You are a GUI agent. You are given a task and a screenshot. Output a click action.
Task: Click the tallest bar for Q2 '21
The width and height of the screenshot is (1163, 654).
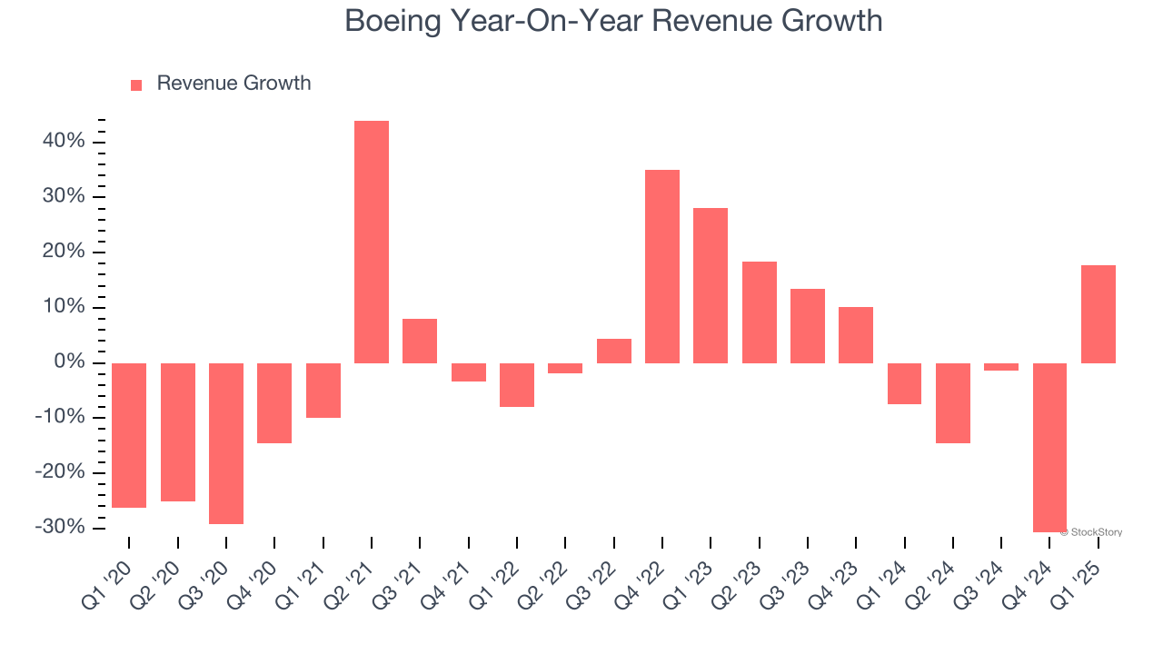[x=372, y=242]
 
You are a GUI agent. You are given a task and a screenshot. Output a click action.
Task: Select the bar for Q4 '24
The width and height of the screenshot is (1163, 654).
[x=1049, y=447]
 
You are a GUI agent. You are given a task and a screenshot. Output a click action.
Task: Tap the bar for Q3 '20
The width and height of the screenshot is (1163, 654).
[x=226, y=443]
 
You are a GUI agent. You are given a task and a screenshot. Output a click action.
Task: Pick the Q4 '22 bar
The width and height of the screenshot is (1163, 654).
[x=662, y=266]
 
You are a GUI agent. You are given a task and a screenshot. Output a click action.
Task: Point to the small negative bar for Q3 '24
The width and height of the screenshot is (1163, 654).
[x=1001, y=367]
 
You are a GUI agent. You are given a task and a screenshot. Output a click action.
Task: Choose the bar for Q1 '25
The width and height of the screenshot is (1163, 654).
[x=1098, y=314]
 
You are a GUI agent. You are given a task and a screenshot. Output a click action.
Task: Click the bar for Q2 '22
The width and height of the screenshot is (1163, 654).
[x=565, y=368]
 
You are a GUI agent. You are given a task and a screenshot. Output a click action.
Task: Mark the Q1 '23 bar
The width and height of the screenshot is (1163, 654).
[x=711, y=285]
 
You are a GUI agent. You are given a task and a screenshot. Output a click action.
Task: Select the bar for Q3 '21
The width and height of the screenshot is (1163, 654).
[x=420, y=341]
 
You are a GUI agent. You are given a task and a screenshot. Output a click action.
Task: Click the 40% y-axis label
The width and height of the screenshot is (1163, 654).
[x=64, y=142]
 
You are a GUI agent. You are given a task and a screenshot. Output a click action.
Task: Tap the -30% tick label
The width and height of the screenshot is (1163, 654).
[x=61, y=528]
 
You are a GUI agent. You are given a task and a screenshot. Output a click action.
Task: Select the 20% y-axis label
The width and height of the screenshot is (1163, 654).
[x=64, y=252]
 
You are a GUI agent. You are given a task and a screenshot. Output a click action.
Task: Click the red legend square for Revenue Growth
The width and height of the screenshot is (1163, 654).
[x=136, y=84]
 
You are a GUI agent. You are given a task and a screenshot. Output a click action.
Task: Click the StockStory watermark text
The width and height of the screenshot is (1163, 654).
[x=1094, y=532]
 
